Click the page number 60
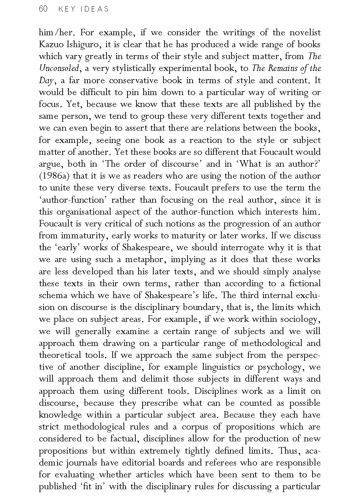pyautogui.click(x=43, y=9)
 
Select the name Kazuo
pyautogui.click(x=51, y=45)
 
